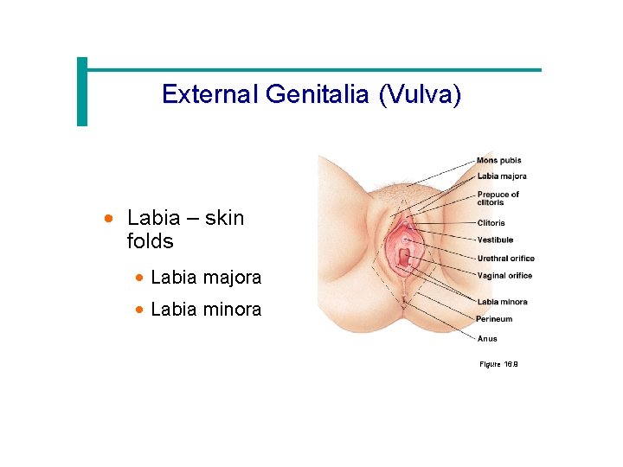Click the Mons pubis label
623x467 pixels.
[x=498, y=160]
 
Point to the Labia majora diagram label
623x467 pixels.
[x=501, y=176]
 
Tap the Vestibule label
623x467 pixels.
[x=495, y=240]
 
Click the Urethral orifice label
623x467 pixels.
[x=505, y=258]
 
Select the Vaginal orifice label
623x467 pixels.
[x=504, y=276]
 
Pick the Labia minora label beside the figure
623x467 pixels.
[x=502, y=302]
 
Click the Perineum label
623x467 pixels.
[x=494, y=319]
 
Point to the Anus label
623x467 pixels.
[x=487, y=339]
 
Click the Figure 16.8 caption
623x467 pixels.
[x=498, y=364]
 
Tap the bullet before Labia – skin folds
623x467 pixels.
[x=108, y=220]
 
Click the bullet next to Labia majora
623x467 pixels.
[x=139, y=278]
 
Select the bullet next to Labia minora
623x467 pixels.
[x=139, y=310]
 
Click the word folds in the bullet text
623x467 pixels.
[x=150, y=241]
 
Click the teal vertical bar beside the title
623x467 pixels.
[x=82, y=92]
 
